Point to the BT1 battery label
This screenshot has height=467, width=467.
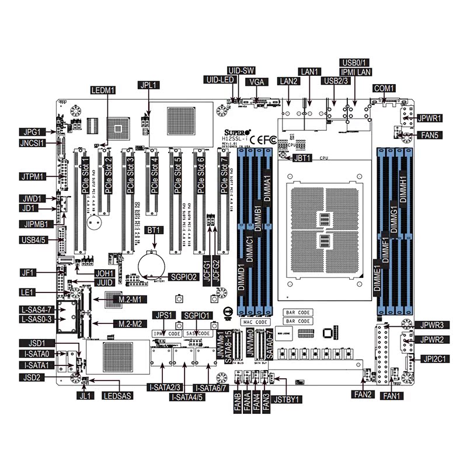coord(154,231)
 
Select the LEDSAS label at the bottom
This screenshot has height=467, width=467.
coord(117,396)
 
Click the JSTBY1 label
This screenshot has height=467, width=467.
coord(288,400)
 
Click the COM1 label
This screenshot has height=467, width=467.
coord(384,88)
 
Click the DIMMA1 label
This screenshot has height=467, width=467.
coord(269,189)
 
